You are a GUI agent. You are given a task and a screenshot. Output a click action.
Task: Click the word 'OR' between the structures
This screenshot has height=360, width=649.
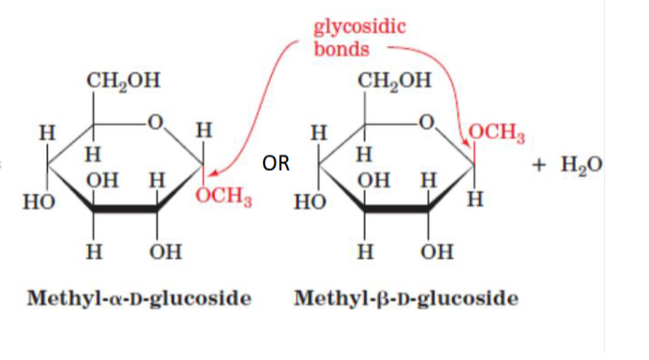pos(276,164)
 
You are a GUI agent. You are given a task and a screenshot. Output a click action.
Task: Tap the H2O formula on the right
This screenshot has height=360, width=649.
pos(582,164)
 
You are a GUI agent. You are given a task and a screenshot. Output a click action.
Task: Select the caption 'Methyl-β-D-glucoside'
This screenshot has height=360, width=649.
pos(406,299)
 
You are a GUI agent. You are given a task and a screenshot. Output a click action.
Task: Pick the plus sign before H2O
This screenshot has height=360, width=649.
pos(543,165)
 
